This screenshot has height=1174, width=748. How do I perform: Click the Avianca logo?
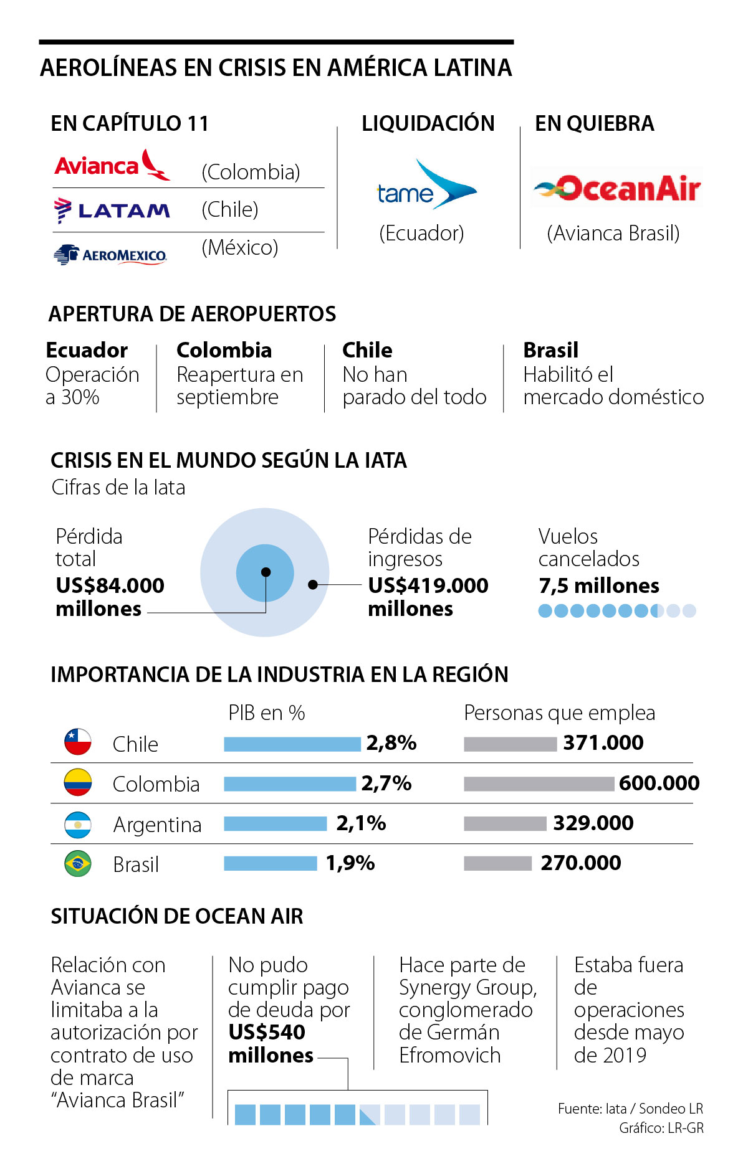(112, 165)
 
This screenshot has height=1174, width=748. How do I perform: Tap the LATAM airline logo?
(112, 211)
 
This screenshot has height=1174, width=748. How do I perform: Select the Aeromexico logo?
(110, 255)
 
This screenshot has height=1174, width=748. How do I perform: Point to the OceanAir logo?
(617, 187)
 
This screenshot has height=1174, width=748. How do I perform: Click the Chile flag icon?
(78, 742)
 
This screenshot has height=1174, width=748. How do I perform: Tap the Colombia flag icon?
(78, 782)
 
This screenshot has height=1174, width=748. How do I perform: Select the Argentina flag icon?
(78, 824)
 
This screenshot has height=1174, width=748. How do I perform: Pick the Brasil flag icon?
(78, 864)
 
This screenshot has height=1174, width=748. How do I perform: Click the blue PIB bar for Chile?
(292, 744)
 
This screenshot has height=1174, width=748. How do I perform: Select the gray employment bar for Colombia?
(539, 783)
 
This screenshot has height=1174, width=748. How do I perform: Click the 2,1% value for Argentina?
(361, 823)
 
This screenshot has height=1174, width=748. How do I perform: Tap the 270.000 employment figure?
(580, 863)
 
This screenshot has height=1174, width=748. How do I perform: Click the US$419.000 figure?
(428, 585)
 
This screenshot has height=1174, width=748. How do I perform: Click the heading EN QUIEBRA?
(595, 123)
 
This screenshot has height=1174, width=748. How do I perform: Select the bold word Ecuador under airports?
(87, 350)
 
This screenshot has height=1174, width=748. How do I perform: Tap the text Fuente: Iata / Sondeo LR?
(630, 1109)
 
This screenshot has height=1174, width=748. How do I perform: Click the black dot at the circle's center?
(266, 572)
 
